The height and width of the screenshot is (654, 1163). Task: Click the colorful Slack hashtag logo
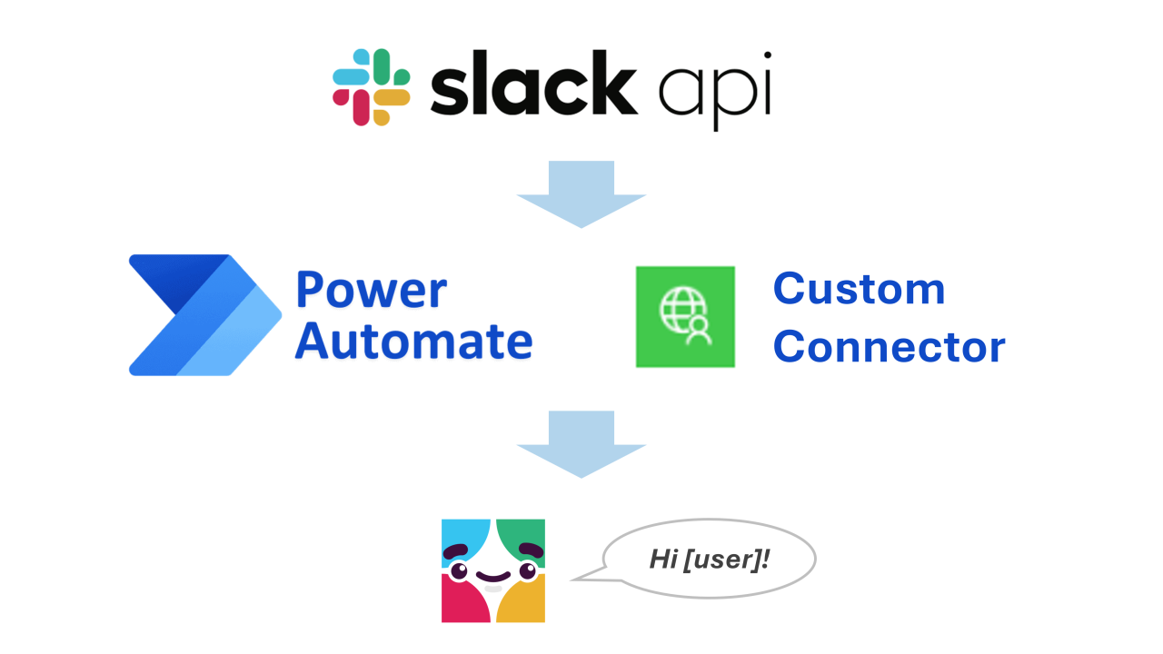(x=371, y=86)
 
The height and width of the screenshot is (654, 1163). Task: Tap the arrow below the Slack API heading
(x=581, y=194)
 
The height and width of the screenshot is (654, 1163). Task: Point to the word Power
(x=371, y=290)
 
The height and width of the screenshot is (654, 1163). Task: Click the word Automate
(x=413, y=342)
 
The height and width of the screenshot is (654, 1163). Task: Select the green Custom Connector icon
(x=685, y=316)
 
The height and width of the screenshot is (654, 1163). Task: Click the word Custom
(x=859, y=289)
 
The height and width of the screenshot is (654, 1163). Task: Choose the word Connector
(x=889, y=346)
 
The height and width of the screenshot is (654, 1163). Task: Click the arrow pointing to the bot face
(x=581, y=444)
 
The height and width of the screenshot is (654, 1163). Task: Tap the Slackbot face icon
(x=493, y=570)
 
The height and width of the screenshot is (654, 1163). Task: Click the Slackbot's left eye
(x=459, y=571)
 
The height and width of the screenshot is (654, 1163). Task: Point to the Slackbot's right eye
(x=527, y=570)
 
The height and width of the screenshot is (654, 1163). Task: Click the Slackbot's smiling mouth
(x=492, y=578)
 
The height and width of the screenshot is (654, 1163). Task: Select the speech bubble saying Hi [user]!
(x=709, y=559)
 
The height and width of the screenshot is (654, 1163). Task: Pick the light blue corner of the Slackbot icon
(x=461, y=536)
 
